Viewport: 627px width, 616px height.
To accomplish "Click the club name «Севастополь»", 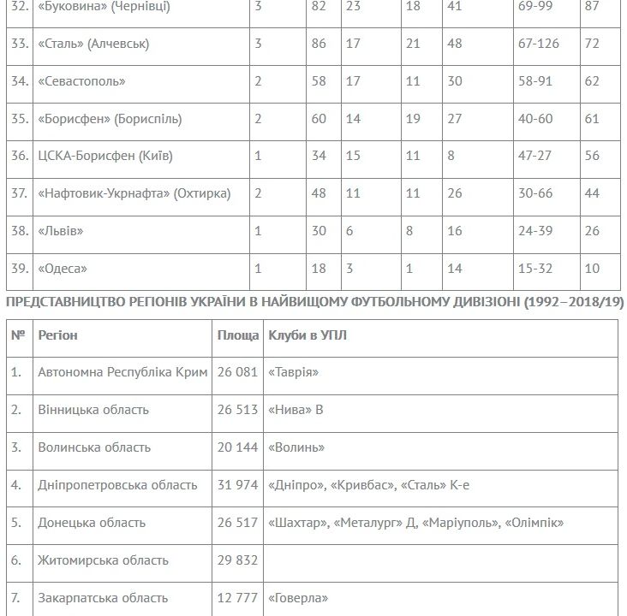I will coord(81,81).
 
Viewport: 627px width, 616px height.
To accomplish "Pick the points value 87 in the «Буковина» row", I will coord(592,6).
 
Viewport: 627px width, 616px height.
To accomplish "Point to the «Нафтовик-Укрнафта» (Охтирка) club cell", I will coord(134,193).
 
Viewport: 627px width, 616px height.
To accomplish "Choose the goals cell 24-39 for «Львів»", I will coord(535,231).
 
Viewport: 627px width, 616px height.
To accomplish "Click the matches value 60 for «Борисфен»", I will coord(319,119).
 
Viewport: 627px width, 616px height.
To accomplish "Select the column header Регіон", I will coord(58,335).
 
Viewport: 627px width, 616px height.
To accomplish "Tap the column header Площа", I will coord(238,335).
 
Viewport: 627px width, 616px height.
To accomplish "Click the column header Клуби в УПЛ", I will coord(308,335).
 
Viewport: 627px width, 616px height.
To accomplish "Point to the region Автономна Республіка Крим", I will coord(122,372).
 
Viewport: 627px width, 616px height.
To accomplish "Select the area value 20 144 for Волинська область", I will coord(238,447).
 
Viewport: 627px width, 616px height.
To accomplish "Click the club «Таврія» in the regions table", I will coord(294,372).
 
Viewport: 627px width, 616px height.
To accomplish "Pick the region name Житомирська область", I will coord(103,560).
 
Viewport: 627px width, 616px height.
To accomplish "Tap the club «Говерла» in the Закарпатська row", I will coord(298,598).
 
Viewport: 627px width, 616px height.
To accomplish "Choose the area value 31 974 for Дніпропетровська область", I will coord(238,485).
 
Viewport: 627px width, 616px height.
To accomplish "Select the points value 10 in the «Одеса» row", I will coord(592,269).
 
